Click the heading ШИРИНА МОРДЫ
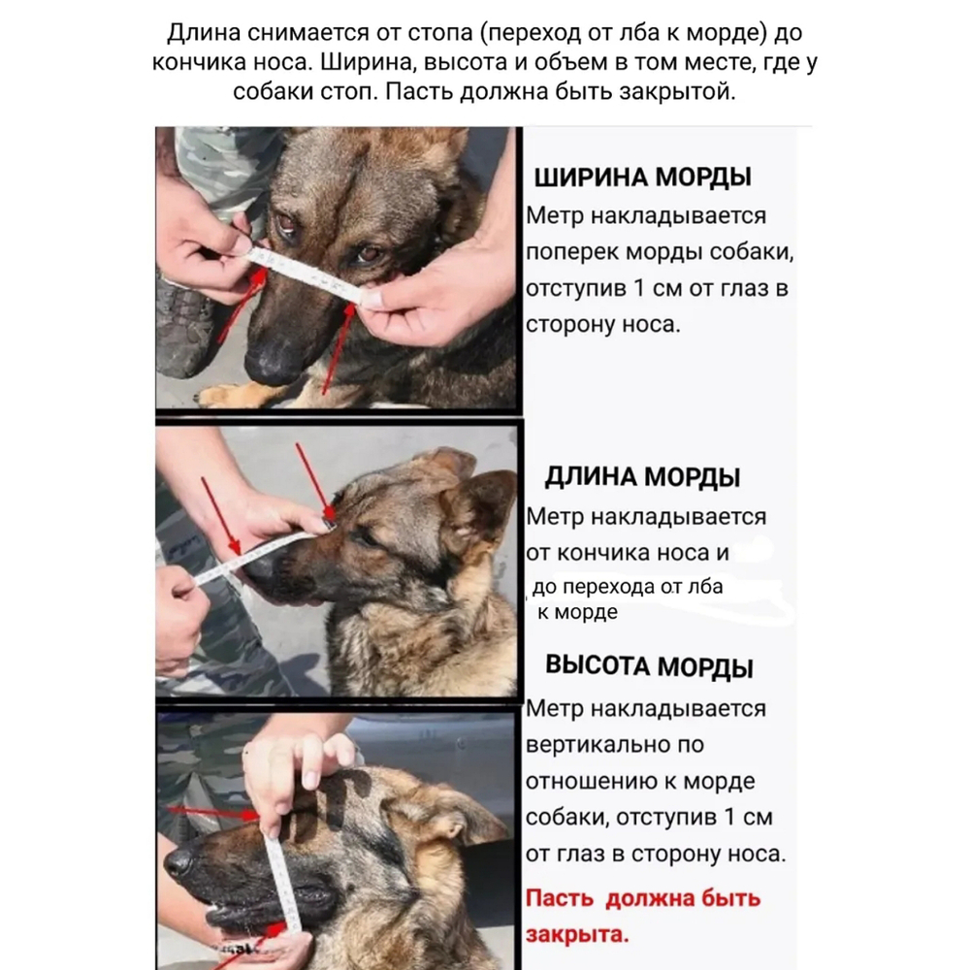642,178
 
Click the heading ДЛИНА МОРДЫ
642,477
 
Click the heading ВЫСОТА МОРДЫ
649,667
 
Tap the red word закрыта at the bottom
576,935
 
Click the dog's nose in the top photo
271,365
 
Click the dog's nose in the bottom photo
180,861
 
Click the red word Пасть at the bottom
559,898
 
